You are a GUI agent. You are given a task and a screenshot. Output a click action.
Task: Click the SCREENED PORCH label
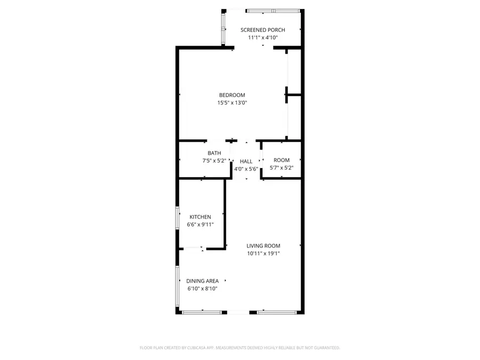(262, 30)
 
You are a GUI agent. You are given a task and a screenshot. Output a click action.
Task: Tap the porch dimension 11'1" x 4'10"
(262, 38)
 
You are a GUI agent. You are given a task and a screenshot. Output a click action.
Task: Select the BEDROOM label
(232, 95)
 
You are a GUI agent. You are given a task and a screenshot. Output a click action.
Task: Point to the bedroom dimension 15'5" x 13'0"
(232, 103)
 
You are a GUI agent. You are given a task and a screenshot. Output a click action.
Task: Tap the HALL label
(246, 161)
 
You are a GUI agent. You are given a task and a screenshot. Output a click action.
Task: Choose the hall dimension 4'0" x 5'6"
(246, 169)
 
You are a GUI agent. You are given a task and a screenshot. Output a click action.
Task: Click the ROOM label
(282, 160)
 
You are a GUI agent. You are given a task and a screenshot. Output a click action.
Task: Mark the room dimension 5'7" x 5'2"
(282, 168)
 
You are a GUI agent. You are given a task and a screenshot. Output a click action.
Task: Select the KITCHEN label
(201, 217)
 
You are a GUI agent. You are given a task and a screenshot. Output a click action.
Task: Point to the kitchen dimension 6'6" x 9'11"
(201, 225)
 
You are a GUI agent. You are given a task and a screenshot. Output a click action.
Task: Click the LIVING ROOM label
(263, 246)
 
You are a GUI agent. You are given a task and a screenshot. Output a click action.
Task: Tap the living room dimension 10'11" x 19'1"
(263, 253)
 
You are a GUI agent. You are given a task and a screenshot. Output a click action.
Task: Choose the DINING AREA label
(203, 281)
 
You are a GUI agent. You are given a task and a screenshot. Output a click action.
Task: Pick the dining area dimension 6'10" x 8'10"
(203, 289)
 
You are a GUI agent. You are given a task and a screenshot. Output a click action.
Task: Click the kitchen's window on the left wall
(178, 218)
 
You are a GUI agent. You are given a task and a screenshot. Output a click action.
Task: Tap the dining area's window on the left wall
(177, 286)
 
